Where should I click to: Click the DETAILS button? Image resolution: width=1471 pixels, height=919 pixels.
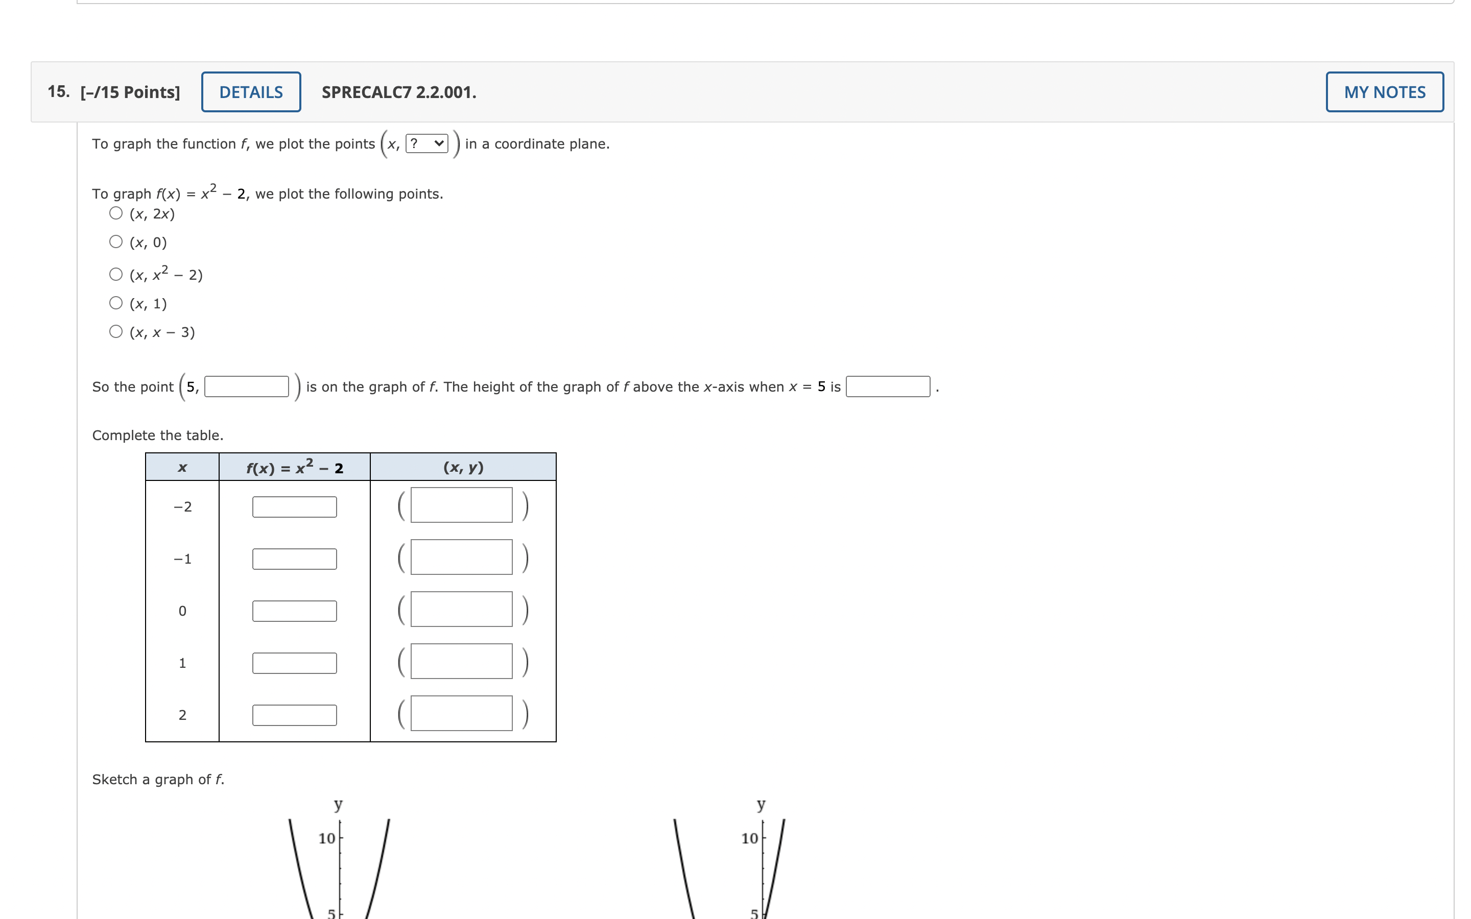point(251,92)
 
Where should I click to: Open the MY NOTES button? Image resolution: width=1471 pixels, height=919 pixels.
point(1384,92)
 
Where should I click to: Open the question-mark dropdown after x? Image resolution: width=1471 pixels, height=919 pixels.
point(426,143)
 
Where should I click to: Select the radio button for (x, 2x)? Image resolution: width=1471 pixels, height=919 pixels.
point(116,213)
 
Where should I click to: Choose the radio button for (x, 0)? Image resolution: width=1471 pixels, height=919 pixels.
point(116,242)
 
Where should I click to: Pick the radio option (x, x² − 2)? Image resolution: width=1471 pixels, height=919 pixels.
point(116,274)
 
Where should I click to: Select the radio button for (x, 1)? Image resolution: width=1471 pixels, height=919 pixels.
point(116,303)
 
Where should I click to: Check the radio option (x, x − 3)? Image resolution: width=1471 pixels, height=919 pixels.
point(116,331)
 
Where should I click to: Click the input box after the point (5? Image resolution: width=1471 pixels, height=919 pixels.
point(247,386)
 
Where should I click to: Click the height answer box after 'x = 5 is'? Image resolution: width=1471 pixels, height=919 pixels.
point(888,386)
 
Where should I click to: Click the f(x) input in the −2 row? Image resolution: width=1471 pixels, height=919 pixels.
point(294,507)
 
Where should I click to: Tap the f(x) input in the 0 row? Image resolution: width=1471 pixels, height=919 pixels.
point(294,611)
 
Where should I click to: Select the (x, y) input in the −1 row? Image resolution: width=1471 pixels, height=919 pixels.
point(461,557)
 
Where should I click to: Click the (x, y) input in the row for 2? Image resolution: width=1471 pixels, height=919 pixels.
point(461,713)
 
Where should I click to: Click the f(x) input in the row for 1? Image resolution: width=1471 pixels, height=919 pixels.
point(294,663)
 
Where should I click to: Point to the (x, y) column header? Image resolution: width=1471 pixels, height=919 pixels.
point(463,467)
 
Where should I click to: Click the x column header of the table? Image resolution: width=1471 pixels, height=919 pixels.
point(182,467)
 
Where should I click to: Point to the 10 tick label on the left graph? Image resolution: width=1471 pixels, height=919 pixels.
point(327,838)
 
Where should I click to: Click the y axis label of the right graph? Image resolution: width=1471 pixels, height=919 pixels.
point(761,804)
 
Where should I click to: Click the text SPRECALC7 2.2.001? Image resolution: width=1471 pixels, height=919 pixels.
point(399,92)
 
